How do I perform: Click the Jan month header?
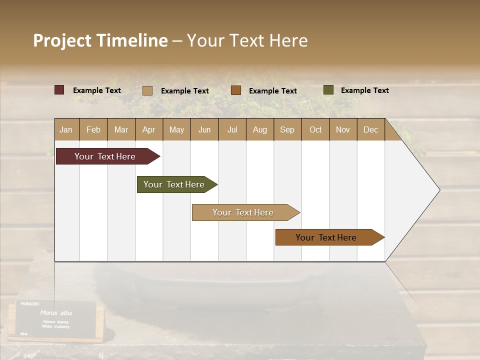tap(66, 129)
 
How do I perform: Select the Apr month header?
tap(148, 129)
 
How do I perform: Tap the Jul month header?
tap(232, 129)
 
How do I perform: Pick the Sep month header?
tap(287, 129)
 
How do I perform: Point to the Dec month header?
tap(370, 129)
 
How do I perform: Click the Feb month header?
tap(93, 129)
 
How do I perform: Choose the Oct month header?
tap(315, 129)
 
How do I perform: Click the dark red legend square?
tap(59, 90)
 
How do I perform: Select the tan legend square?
tap(147, 90)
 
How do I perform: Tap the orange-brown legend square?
tap(236, 90)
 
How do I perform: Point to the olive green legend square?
tap(328, 90)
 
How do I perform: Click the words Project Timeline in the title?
tap(100, 40)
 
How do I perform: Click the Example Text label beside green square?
tap(364, 90)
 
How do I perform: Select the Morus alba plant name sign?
tap(55, 318)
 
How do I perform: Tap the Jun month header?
tap(204, 129)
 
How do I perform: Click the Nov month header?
tap(342, 129)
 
